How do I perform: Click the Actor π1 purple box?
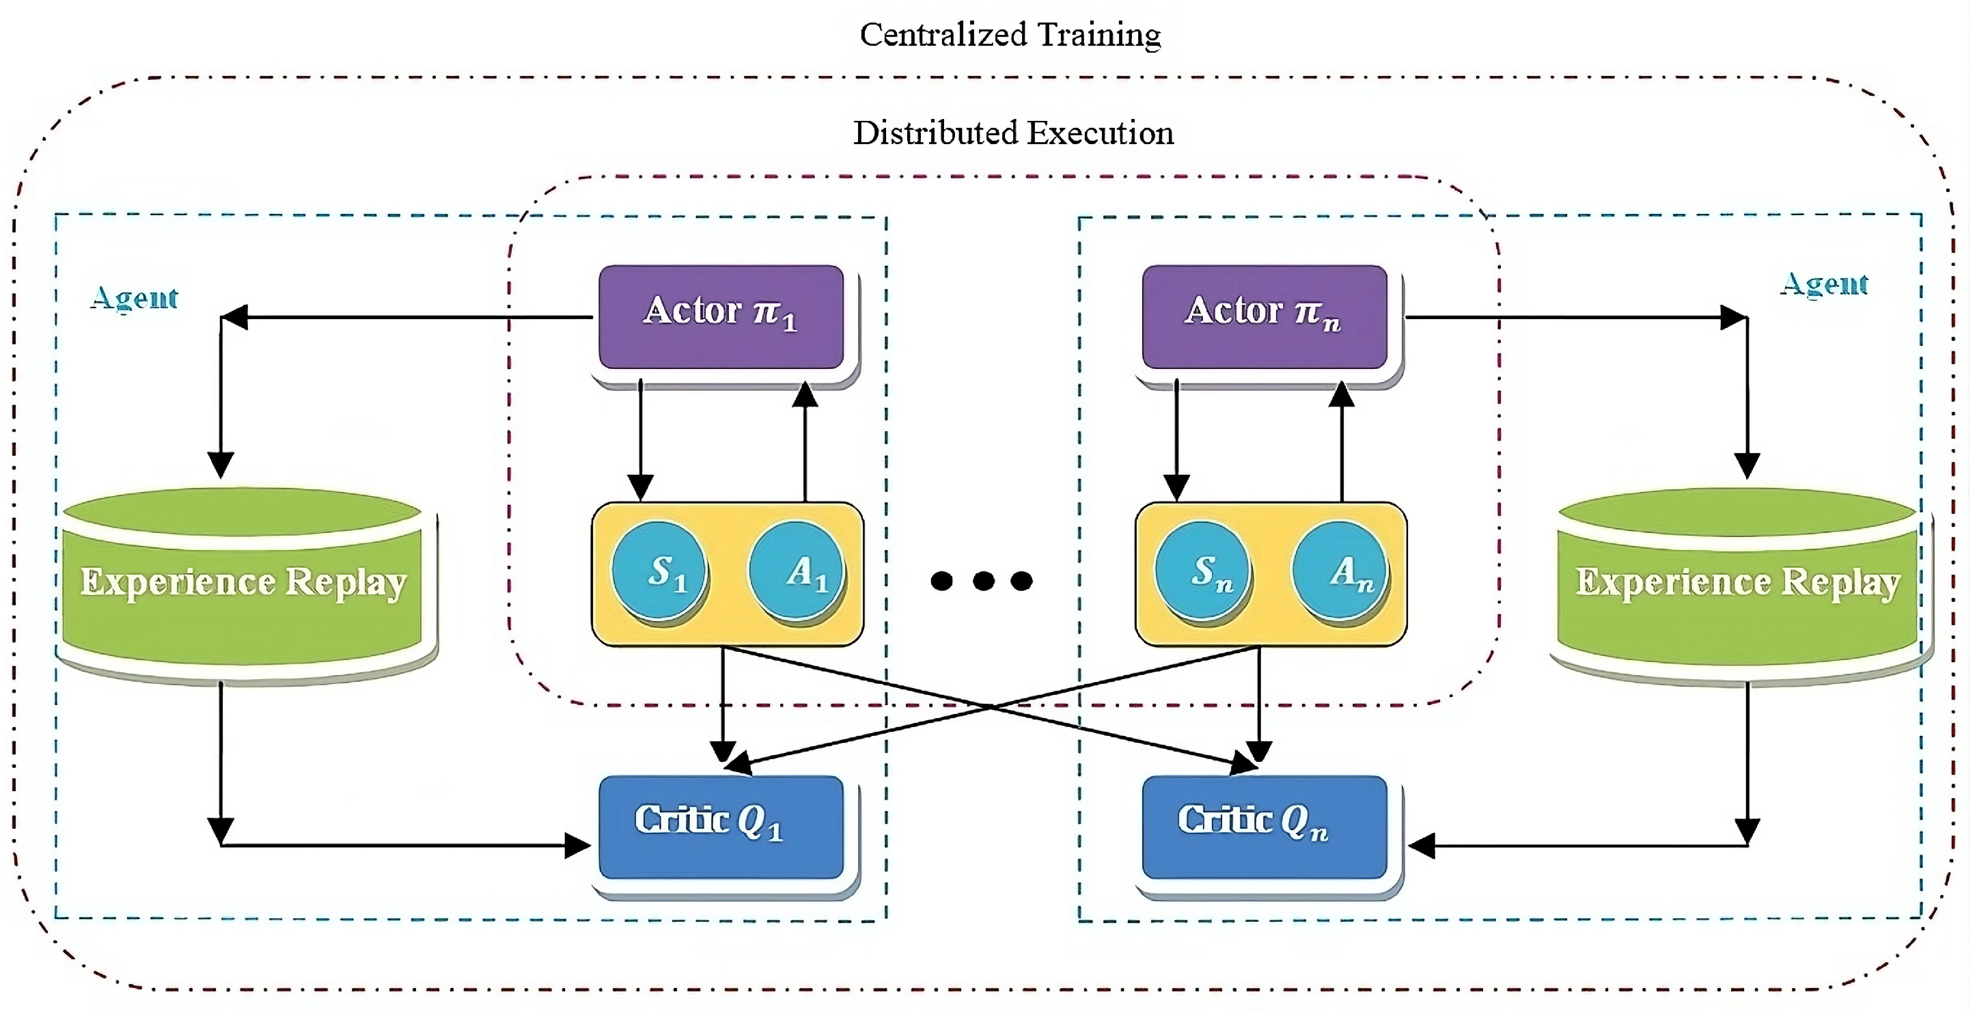(721, 316)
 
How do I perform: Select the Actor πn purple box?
(1264, 316)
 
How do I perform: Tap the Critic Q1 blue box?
(721, 827)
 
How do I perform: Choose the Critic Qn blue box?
(1264, 827)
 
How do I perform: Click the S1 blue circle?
(659, 571)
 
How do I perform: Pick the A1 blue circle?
(796, 571)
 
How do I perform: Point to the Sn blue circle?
(1202, 571)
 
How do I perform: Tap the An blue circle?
(1339, 571)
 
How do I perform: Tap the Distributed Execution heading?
(1013, 133)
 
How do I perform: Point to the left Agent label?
(135, 298)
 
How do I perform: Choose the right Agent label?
(1824, 284)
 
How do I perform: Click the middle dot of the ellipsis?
(983, 580)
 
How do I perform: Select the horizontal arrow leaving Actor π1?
(406, 317)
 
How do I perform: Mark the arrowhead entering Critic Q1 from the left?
(577, 846)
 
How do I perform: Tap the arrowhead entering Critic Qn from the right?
(1422, 847)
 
